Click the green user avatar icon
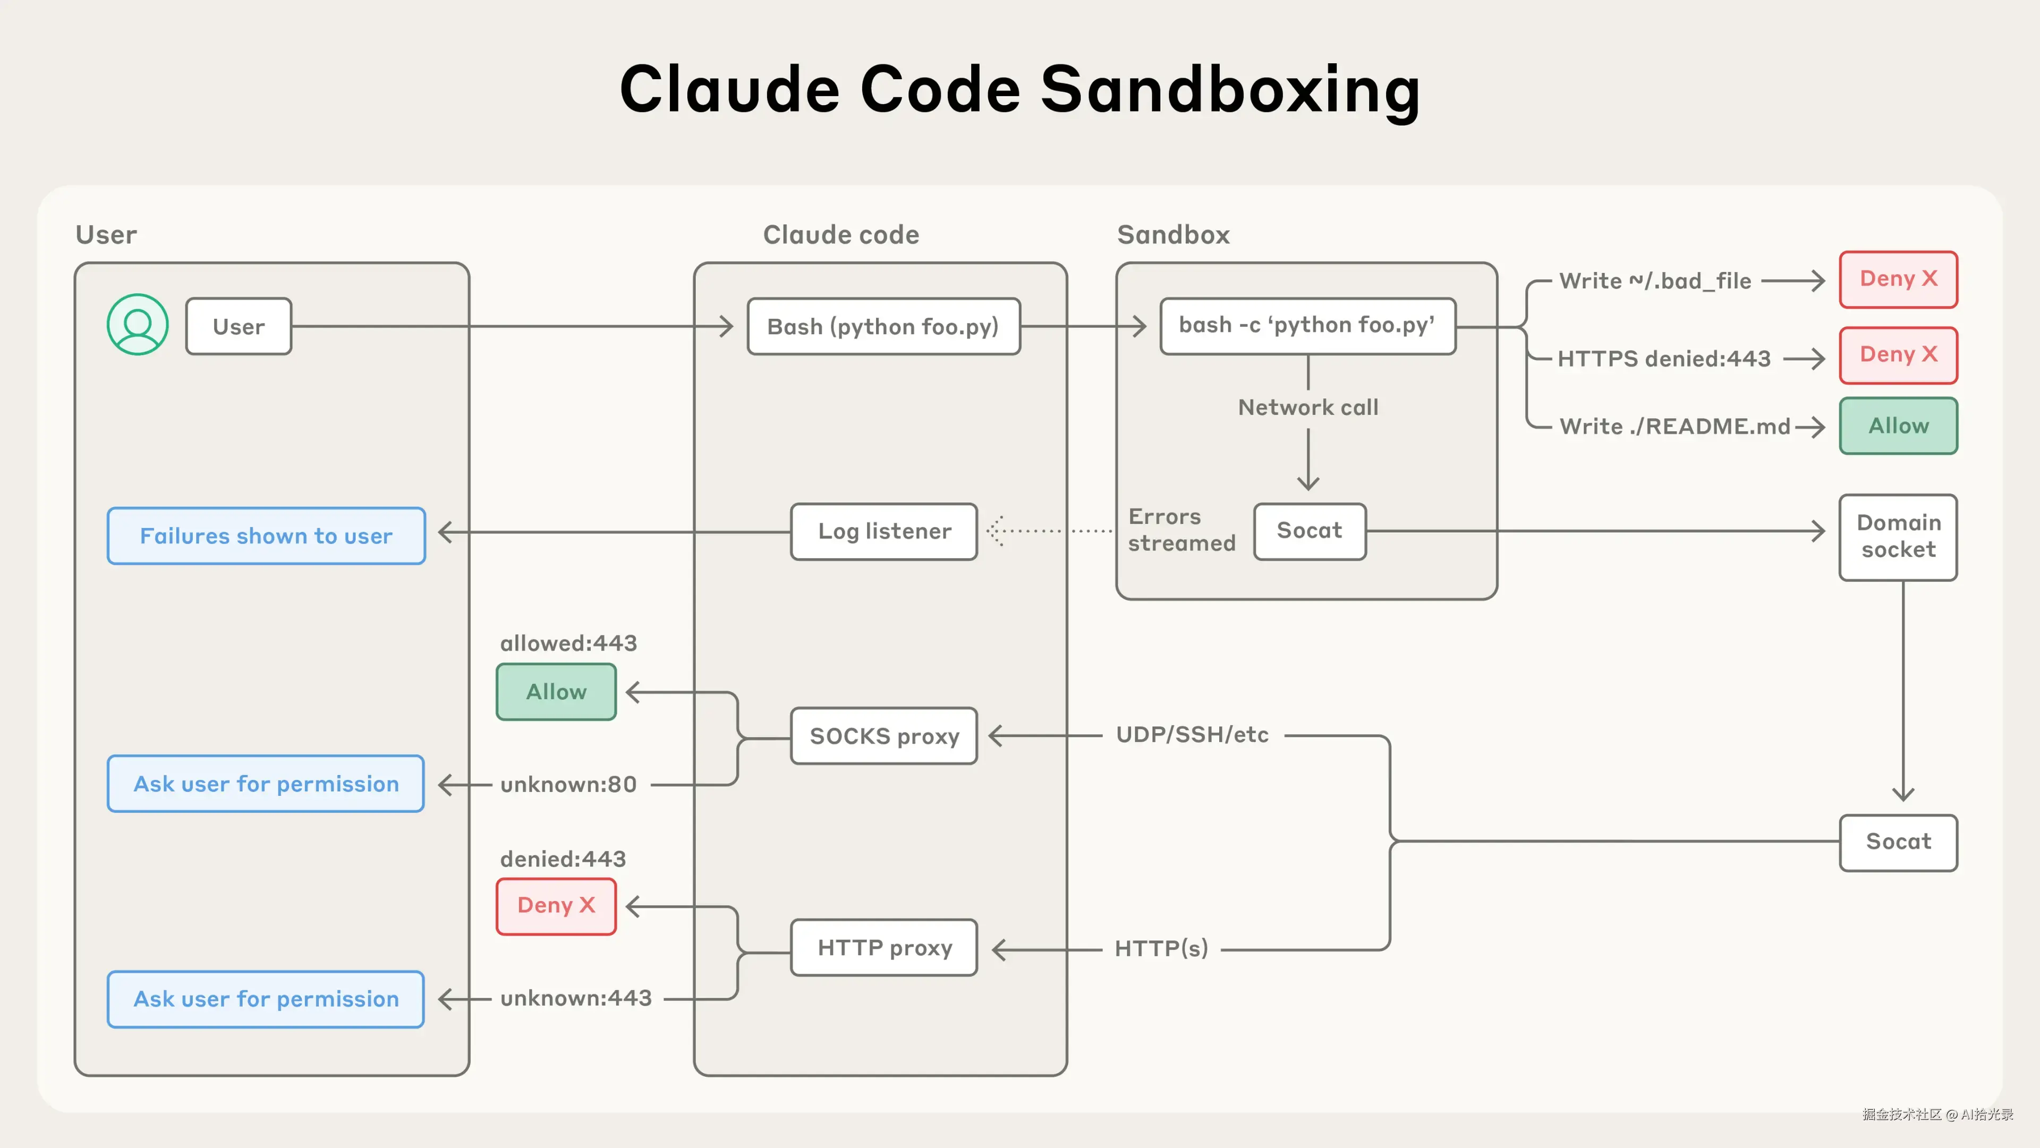pyautogui.click(x=138, y=325)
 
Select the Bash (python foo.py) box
pyautogui.click(x=883, y=326)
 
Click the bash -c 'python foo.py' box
pyautogui.click(x=1307, y=326)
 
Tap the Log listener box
pyautogui.click(x=884, y=531)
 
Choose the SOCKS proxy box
pyautogui.click(x=884, y=736)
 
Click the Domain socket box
pyautogui.click(x=1898, y=537)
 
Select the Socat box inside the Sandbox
pyautogui.click(x=1309, y=531)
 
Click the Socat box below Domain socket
pyautogui.click(x=1898, y=841)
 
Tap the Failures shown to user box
pyautogui.click(x=266, y=536)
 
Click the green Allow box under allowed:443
pyautogui.click(x=556, y=691)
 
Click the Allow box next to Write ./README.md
pyautogui.click(x=1898, y=426)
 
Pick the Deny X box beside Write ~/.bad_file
pyautogui.click(x=1898, y=279)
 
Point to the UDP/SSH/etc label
pyautogui.click(x=1192, y=735)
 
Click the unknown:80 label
pyautogui.click(x=568, y=785)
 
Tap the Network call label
pyautogui.click(x=1307, y=408)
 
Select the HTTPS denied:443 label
pyautogui.click(x=1663, y=359)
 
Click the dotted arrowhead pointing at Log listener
pyautogui.click(x=996, y=531)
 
